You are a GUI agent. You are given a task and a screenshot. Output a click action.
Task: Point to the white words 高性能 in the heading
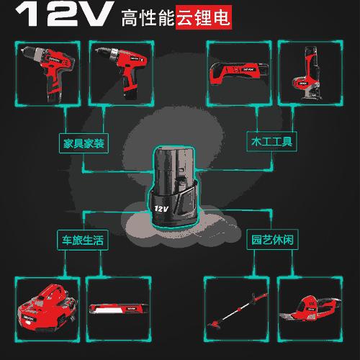(148, 16)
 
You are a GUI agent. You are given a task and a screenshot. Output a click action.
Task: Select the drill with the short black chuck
(45, 70)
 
